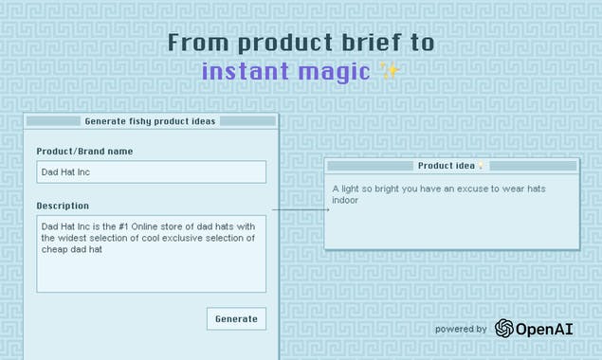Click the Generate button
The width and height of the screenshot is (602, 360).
(x=236, y=319)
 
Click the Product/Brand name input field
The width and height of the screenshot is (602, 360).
(x=151, y=172)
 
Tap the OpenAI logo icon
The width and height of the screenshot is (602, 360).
(x=504, y=329)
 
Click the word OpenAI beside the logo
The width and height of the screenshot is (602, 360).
(x=545, y=329)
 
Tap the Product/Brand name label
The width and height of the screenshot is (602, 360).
(x=84, y=152)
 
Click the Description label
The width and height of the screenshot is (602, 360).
(x=63, y=206)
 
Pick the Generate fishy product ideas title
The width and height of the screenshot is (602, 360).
(x=150, y=121)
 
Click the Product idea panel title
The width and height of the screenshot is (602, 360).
(x=446, y=166)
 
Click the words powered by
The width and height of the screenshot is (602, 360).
(x=461, y=330)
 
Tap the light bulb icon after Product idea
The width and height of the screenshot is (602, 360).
(x=481, y=166)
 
